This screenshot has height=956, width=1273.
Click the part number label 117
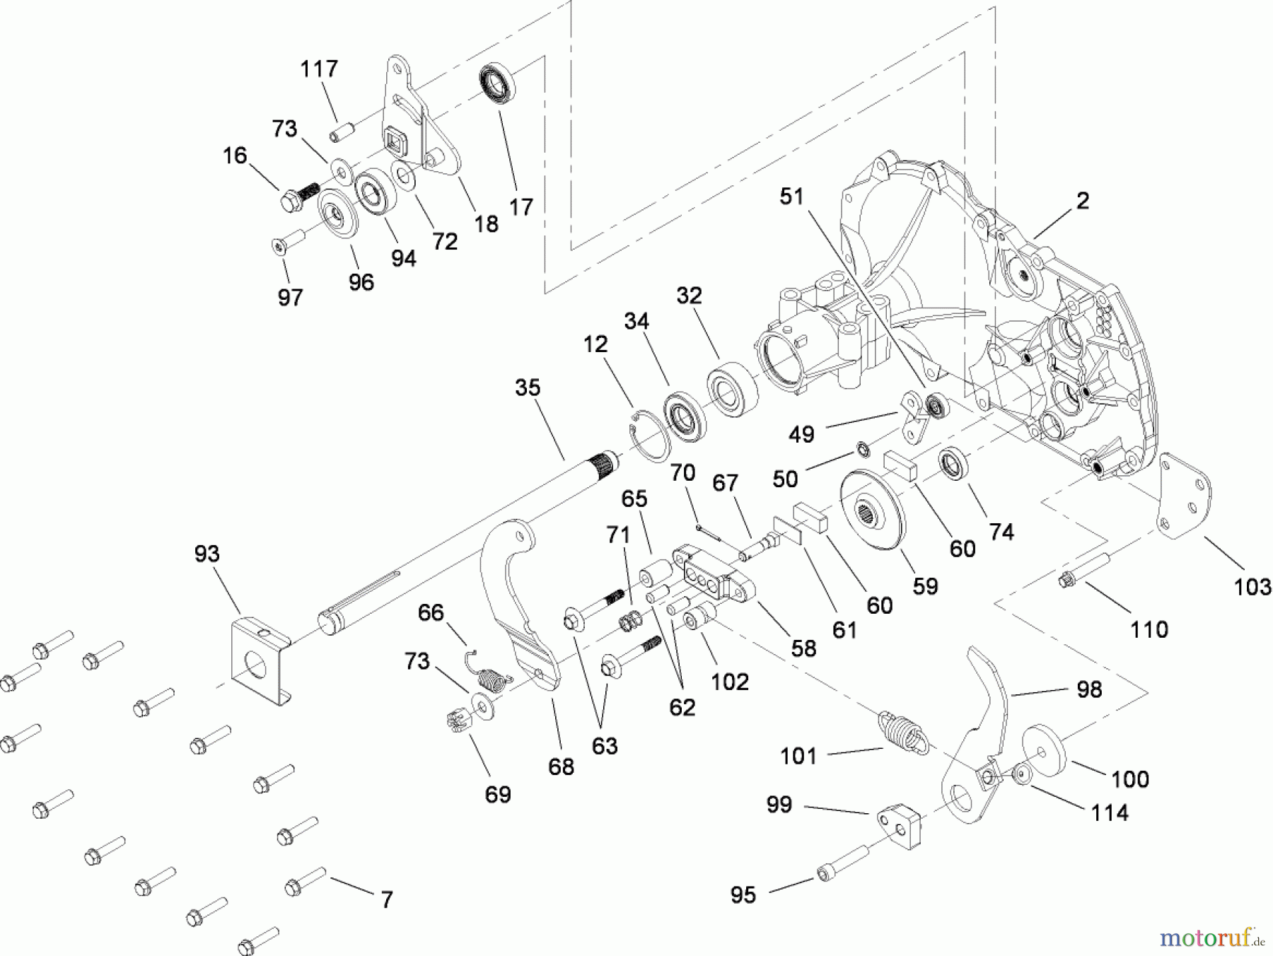[x=319, y=69]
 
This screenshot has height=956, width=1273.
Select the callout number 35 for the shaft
[x=528, y=387]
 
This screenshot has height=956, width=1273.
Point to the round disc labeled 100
[x=1045, y=751]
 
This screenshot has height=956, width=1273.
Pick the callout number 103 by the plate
[x=1252, y=587]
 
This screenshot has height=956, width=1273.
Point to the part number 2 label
[x=1083, y=201]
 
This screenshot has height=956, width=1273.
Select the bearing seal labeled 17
[x=498, y=82]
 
